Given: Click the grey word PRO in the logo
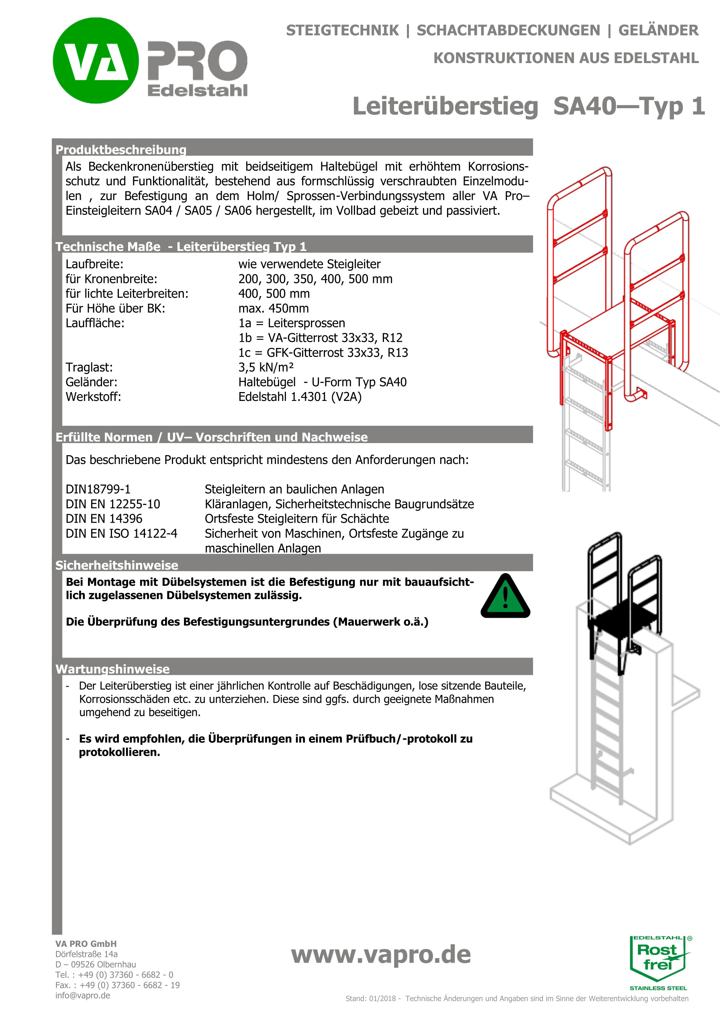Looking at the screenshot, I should pyautogui.click(x=197, y=60).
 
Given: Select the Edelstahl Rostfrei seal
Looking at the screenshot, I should pyautogui.click(x=658, y=962).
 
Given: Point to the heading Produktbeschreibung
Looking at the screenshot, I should pyautogui.click(x=121, y=149).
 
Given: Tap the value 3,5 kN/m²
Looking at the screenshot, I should pyautogui.click(x=266, y=368).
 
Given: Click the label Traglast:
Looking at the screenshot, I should pyautogui.click(x=89, y=368).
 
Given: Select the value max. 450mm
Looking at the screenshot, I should pyautogui.click(x=273, y=309).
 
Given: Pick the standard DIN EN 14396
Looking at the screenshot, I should pyautogui.click(x=104, y=519).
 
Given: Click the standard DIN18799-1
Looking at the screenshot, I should pyautogui.click(x=98, y=489).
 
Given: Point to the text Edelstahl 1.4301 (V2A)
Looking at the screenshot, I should pyautogui.click(x=300, y=397).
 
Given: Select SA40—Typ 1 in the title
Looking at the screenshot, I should pyautogui.click(x=629, y=106).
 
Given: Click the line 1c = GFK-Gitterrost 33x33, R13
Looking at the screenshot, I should pyautogui.click(x=323, y=353).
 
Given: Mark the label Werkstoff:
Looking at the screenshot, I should pyautogui.click(x=93, y=397).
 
